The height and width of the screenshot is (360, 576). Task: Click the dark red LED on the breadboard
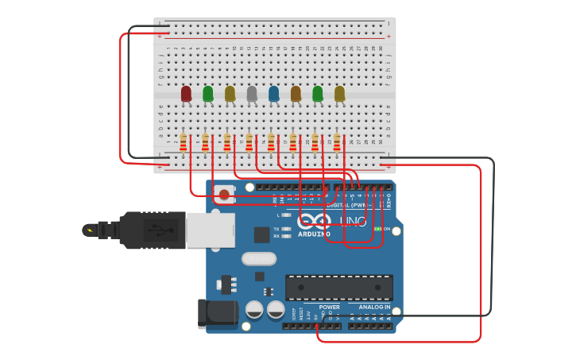pos(186,94)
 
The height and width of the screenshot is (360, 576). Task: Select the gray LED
pos(252,94)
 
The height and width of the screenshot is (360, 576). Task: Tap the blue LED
pos(274,94)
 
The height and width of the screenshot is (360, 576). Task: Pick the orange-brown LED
pos(296,94)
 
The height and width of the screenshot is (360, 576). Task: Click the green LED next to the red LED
pos(208,94)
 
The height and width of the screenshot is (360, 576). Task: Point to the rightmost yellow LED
pos(340,94)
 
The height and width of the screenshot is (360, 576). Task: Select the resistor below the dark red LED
pos(184,142)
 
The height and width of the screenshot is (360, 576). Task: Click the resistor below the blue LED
pos(271,142)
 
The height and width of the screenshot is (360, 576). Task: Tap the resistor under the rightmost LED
pos(337,142)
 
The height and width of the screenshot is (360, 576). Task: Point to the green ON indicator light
pos(378,229)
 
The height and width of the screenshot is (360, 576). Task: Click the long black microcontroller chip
pos(339,287)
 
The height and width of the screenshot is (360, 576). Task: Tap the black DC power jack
pos(216,312)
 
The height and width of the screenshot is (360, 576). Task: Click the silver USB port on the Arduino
pos(210,229)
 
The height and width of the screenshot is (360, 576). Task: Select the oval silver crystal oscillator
pos(258,258)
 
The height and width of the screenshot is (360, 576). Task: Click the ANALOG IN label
pos(374,307)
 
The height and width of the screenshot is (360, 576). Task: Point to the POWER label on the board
pos(329,307)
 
